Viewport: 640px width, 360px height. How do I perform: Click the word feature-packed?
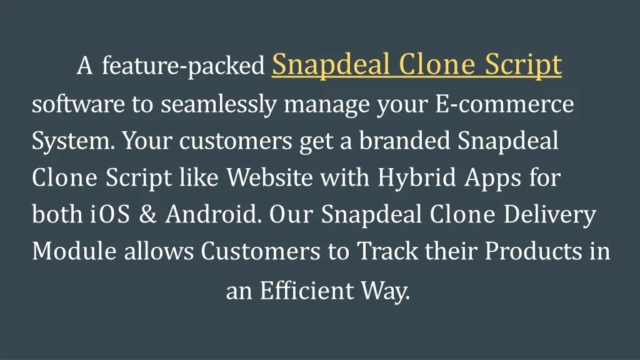(x=183, y=66)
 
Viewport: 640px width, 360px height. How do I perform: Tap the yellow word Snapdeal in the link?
(x=331, y=66)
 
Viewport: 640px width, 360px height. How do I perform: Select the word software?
(x=78, y=104)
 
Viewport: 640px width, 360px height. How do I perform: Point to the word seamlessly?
(x=219, y=105)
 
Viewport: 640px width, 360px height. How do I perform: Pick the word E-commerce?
(x=504, y=104)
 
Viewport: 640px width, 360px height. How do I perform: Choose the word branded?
(x=404, y=141)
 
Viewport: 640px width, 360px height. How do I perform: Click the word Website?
(x=270, y=177)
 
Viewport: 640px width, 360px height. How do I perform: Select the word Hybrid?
(x=416, y=178)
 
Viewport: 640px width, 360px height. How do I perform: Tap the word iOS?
(x=110, y=214)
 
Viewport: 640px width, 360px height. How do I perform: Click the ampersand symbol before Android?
(x=147, y=215)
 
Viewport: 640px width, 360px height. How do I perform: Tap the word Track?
(x=387, y=251)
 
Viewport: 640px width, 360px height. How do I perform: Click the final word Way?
(x=385, y=291)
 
